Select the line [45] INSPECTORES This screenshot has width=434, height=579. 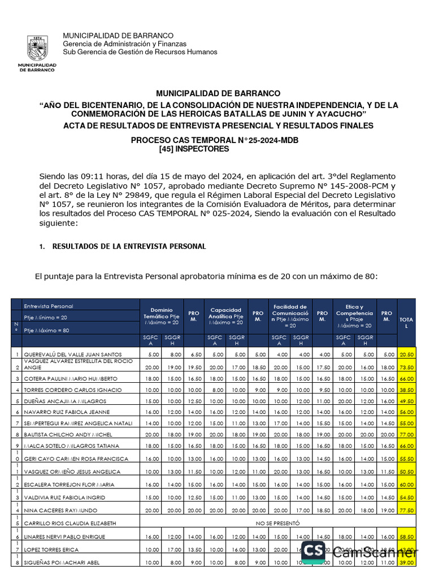click(x=195, y=149)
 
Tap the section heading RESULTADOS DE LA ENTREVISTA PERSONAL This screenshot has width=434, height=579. click(x=129, y=247)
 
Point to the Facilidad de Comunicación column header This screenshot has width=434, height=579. click(x=289, y=316)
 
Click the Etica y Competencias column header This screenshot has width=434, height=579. click(x=354, y=316)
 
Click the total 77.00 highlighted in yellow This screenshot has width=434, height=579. click(x=406, y=435)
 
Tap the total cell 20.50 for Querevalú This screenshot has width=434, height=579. click(x=406, y=355)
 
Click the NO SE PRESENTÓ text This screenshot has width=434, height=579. click(x=277, y=524)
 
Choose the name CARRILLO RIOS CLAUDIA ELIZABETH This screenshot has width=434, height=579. click(x=70, y=524)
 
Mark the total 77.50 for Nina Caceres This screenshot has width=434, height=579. click(x=406, y=510)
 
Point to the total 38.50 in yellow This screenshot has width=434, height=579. click(x=406, y=390)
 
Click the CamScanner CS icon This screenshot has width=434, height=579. click(x=313, y=552)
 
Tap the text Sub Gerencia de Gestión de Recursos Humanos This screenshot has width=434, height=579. click(x=140, y=52)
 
